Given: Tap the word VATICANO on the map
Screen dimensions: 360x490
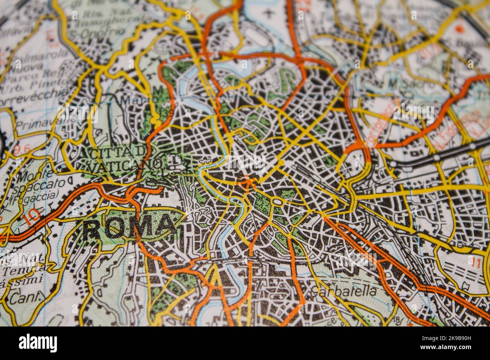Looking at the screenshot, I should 127,165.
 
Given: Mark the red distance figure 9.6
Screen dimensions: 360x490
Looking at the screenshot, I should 21,149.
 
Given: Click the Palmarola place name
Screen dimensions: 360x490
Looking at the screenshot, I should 38,56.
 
